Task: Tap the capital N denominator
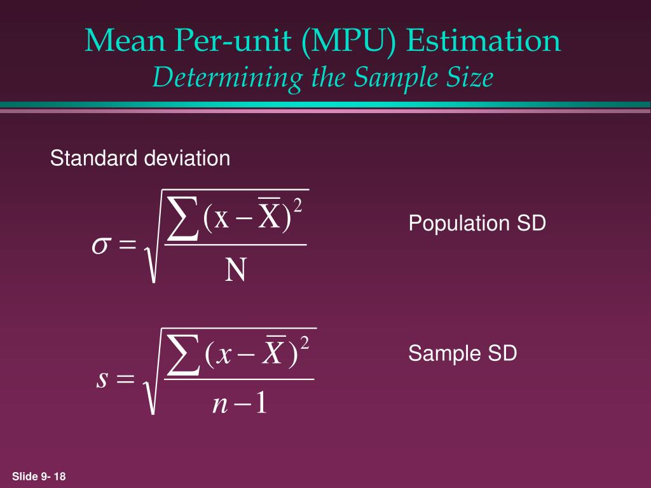pyautogui.click(x=235, y=272)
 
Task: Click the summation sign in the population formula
pyautogui.click(x=182, y=218)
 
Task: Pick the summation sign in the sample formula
pyautogui.click(x=182, y=356)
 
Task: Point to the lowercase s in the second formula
pyautogui.click(x=102, y=379)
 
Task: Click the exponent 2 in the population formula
pyautogui.click(x=297, y=207)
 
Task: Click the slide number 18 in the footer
pyautogui.click(x=60, y=477)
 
